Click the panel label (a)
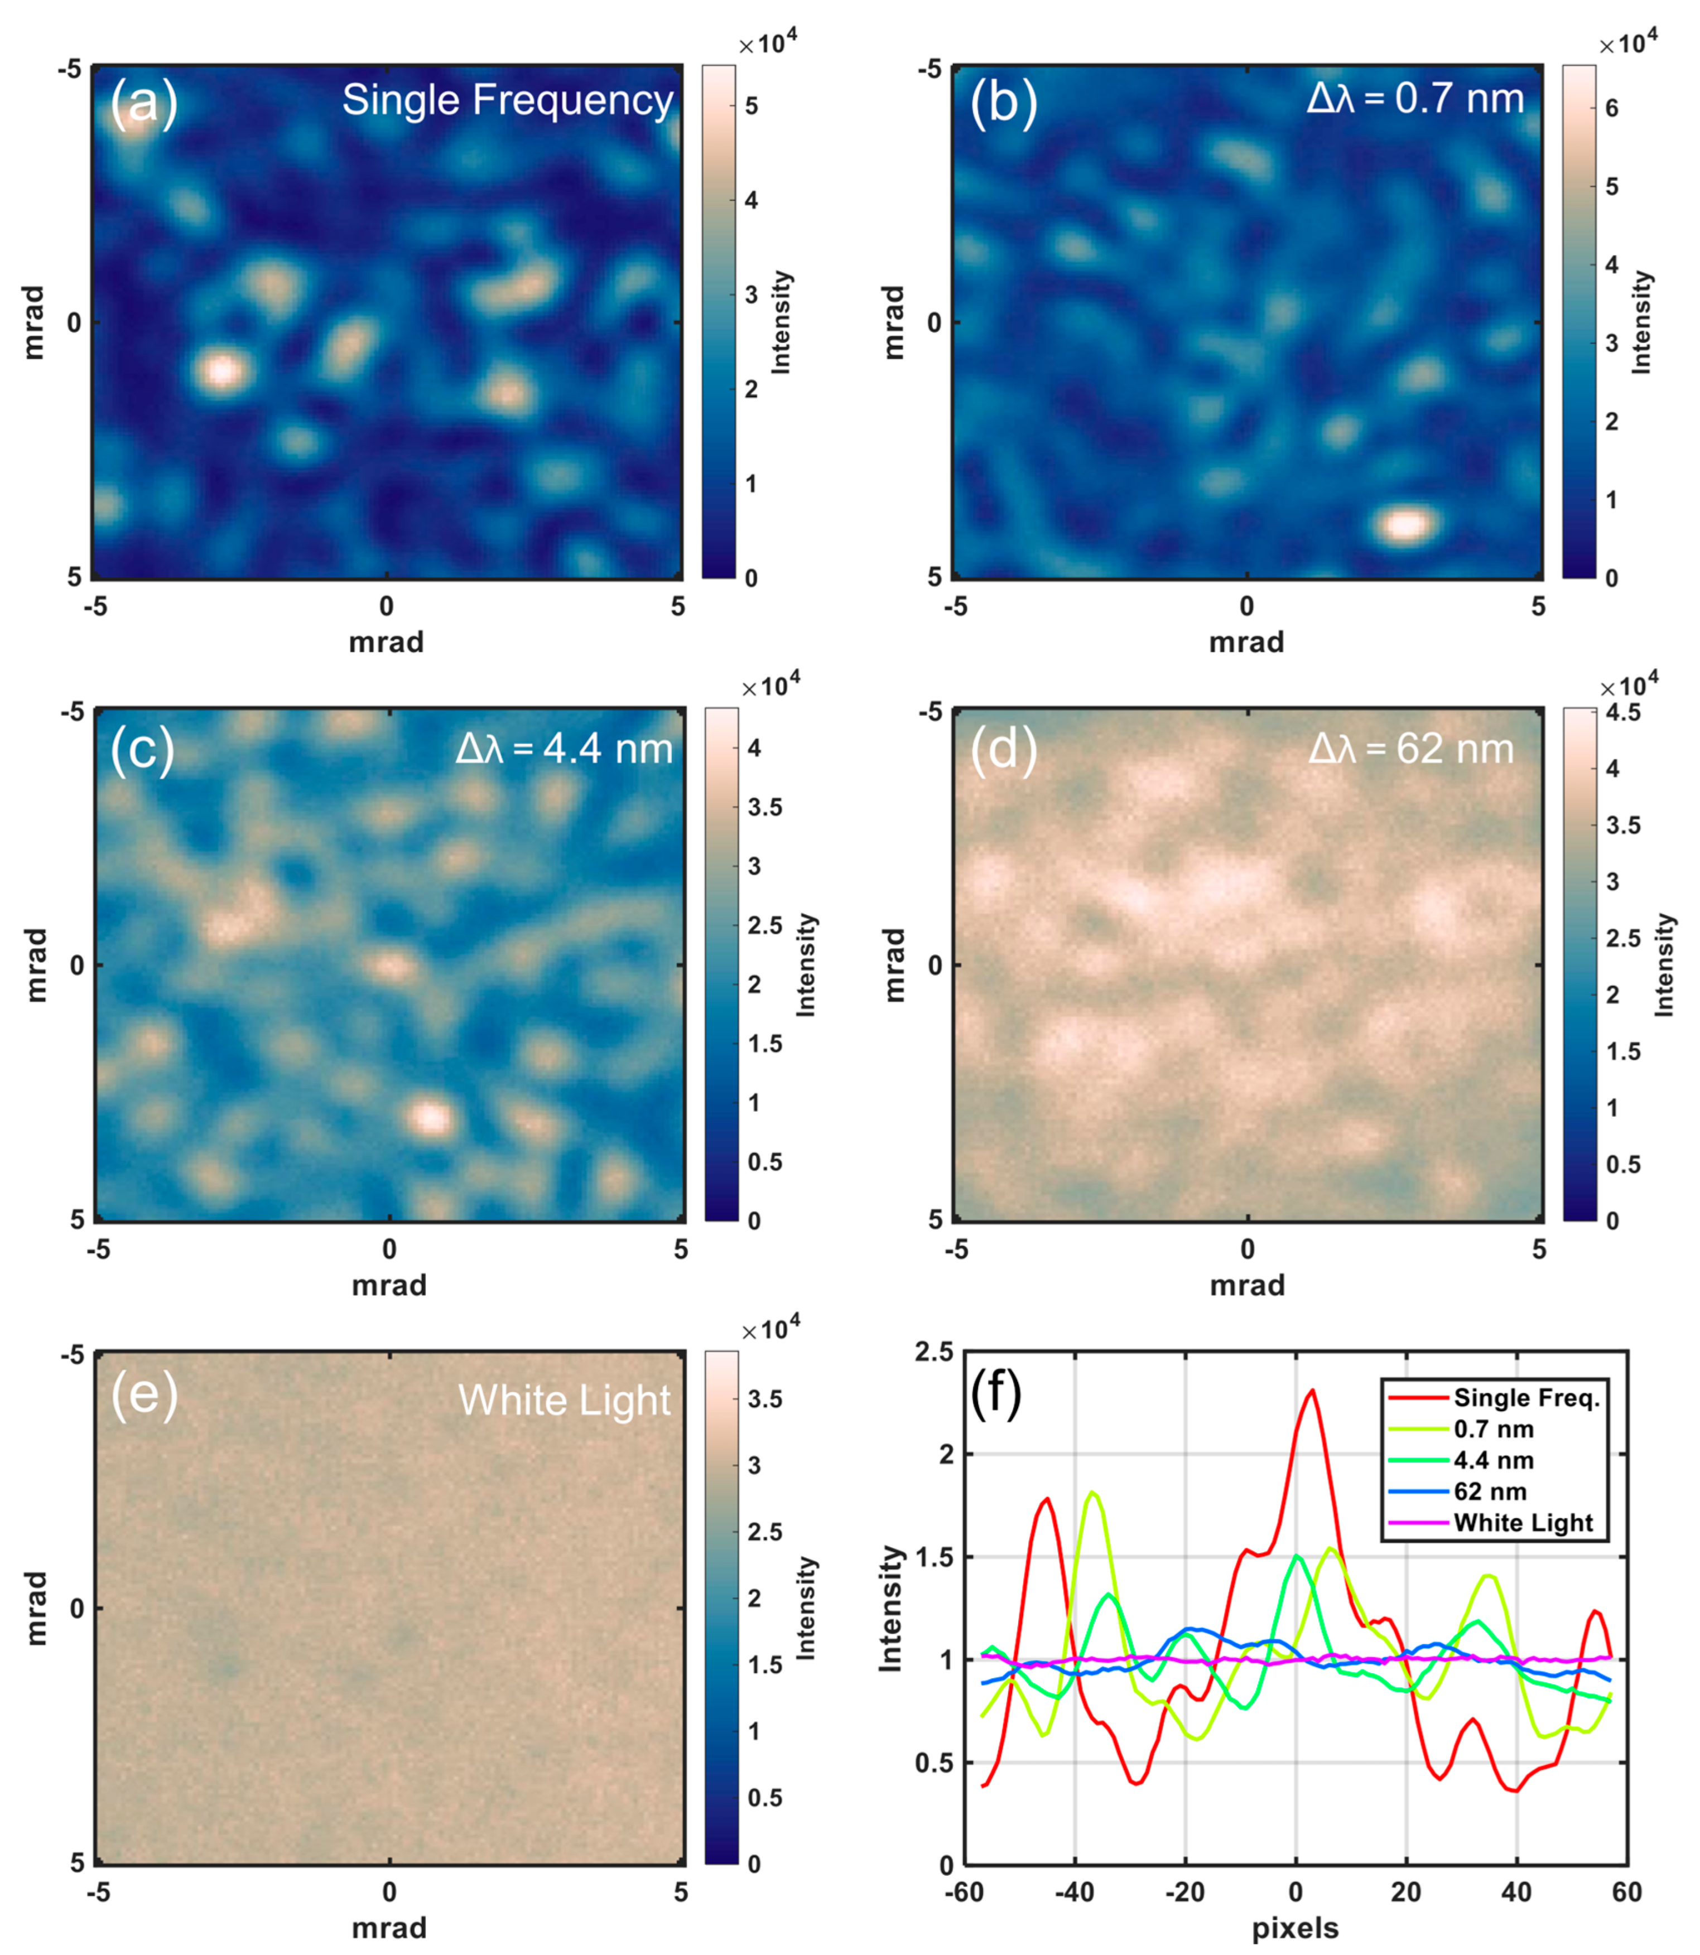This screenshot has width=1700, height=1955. [144, 103]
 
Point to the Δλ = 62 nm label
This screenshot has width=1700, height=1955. [1410, 749]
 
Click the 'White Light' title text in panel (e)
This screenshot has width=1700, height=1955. [565, 1401]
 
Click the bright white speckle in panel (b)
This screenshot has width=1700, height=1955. [1403, 524]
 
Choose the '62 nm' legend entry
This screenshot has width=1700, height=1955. [1490, 1491]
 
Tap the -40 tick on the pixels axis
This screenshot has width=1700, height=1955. [1074, 1893]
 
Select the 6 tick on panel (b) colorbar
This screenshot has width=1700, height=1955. [1611, 108]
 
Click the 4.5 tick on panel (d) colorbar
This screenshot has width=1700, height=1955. [1623, 712]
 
